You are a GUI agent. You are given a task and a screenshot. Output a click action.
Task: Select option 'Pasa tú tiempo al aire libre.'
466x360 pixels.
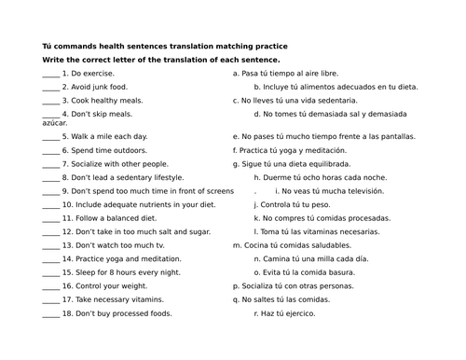[290, 73]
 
